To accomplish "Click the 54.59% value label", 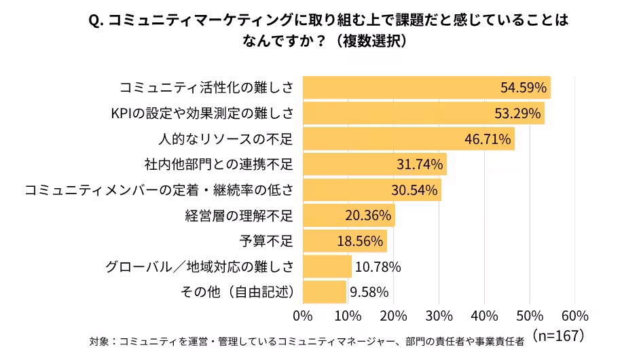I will coord(524,88).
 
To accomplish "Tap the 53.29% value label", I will coord(518,113).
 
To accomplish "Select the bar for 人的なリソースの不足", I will coord(408,139).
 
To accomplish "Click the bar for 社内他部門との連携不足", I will coord(374,164).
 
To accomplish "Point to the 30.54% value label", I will coord(414,190).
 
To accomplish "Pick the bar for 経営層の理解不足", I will coord(348,215).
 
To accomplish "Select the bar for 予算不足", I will coord(344,241).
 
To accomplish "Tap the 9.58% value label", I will coord(369,292).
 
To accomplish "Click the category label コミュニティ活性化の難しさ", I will coord(206,88).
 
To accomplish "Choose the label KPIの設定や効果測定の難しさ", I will coord(201,113).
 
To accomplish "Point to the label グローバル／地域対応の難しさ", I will coord(199,267).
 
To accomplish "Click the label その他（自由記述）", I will coord(236,292).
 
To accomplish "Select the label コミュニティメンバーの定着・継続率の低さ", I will coord(158,190).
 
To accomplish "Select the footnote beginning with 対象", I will coord(306,341).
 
